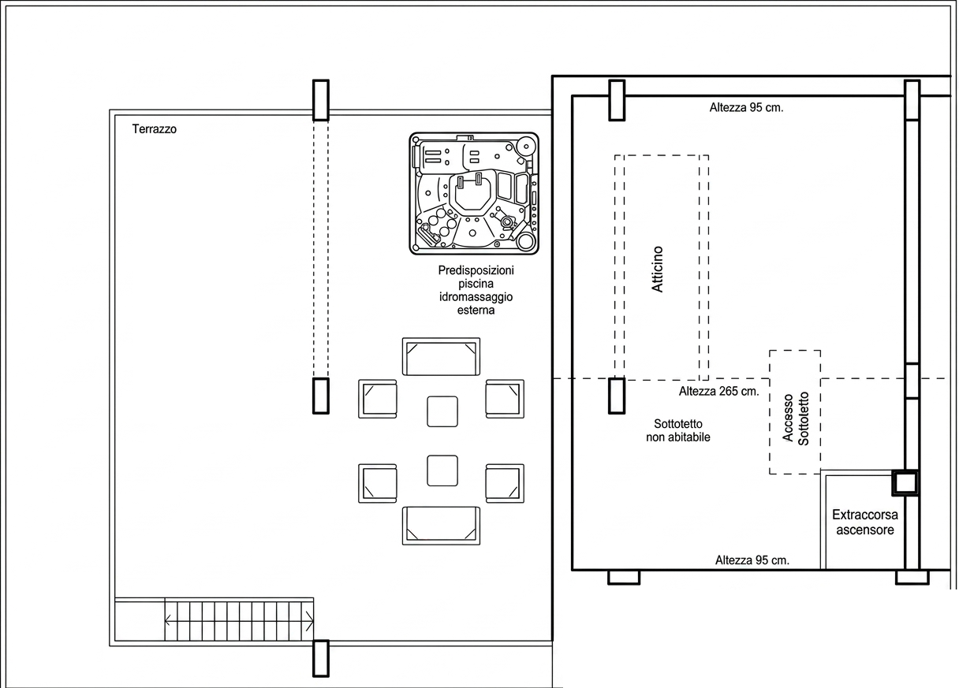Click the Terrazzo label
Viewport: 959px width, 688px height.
154,128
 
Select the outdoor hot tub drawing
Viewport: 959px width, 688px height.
474,193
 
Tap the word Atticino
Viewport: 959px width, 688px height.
657,269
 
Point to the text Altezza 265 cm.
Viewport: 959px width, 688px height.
718,391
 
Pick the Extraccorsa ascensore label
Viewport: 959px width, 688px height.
865,522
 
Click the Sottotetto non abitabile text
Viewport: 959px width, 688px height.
678,430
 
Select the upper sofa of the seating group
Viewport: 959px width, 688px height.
441,357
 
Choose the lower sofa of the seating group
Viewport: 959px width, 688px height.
441,526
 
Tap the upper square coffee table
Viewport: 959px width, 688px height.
442,411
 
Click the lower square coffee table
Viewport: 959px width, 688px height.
442,470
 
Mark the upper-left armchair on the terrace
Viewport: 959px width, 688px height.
378,399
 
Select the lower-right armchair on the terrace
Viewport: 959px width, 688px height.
505,483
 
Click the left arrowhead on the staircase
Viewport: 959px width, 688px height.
168,621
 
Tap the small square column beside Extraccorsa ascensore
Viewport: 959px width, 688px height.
905,483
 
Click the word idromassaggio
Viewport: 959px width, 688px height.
476,297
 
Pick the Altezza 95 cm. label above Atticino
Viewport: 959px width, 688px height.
746,108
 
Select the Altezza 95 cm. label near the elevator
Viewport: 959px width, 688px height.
752,560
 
